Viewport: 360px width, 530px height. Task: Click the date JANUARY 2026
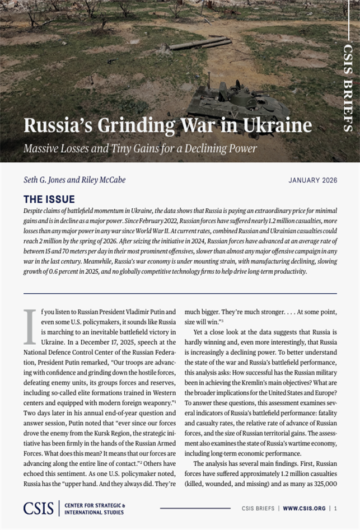(x=312, y=180)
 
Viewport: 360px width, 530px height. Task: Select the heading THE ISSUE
(x=49, y=199)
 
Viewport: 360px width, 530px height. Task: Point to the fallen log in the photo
(x=199, y=43)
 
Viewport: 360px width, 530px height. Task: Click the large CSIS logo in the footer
(x=39, y=508)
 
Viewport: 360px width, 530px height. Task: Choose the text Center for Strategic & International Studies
(x=95, y=509)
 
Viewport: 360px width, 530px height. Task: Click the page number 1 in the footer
(x=335, y=508)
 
